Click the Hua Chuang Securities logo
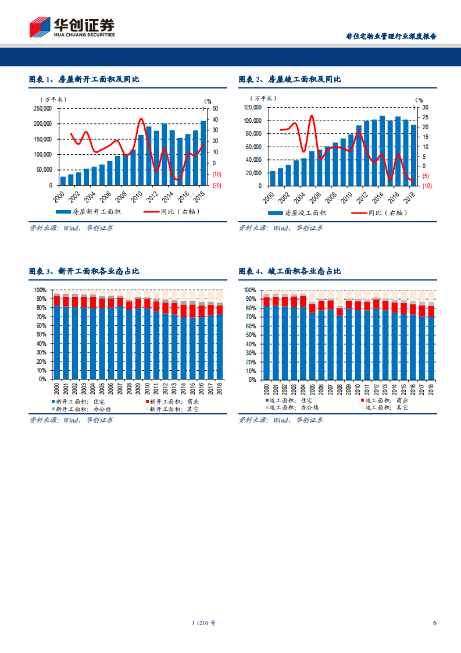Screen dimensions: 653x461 (72, 27)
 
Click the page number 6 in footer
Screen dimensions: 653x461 (434, 623)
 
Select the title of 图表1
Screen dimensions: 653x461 (84, 79)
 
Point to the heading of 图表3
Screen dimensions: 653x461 (84, 271)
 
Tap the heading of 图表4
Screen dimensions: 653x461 (290, 271)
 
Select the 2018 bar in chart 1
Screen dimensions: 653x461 (203, 152)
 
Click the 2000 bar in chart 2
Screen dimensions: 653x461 (273, 178)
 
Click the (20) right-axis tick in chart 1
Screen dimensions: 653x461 (216, 185)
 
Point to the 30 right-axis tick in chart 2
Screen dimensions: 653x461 (424, 108)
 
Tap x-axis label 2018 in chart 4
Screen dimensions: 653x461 (431, 388)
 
